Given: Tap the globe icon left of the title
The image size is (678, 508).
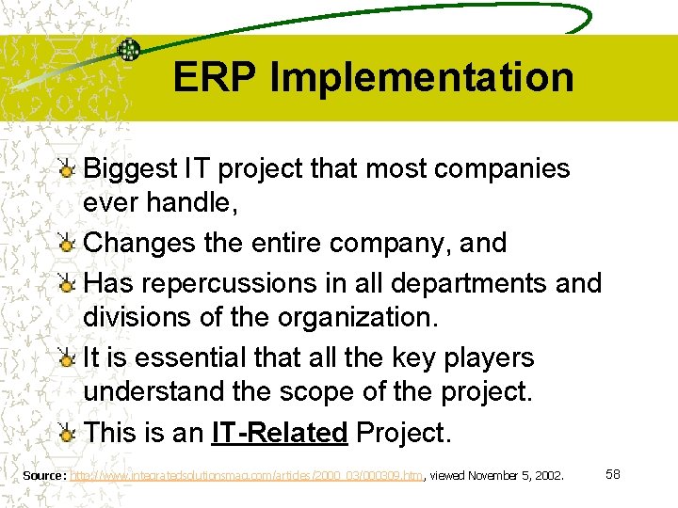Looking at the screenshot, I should [128, 50].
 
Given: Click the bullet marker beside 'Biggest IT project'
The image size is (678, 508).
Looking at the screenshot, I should [68, 170].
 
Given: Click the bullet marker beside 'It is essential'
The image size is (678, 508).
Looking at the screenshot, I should [68, 359].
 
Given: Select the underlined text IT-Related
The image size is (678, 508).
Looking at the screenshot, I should [280, 433].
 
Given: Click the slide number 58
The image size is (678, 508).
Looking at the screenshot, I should [612, 474].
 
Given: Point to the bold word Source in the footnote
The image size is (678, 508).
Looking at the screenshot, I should [43, 476].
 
